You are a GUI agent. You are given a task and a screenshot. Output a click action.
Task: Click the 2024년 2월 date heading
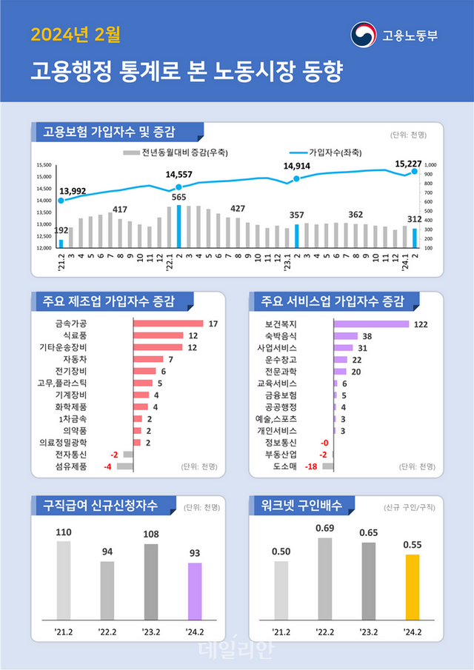75,33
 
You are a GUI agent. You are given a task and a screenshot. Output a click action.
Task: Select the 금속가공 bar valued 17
168,324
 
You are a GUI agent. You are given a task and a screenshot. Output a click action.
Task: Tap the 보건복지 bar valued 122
371,324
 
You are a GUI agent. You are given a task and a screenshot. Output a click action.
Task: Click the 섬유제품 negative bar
124,466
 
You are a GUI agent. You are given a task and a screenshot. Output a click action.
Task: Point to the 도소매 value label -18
312,466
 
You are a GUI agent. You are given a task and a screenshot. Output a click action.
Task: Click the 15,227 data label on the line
408,164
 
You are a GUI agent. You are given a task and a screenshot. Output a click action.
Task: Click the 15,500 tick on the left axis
44,165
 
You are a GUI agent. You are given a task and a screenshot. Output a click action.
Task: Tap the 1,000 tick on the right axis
431,165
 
